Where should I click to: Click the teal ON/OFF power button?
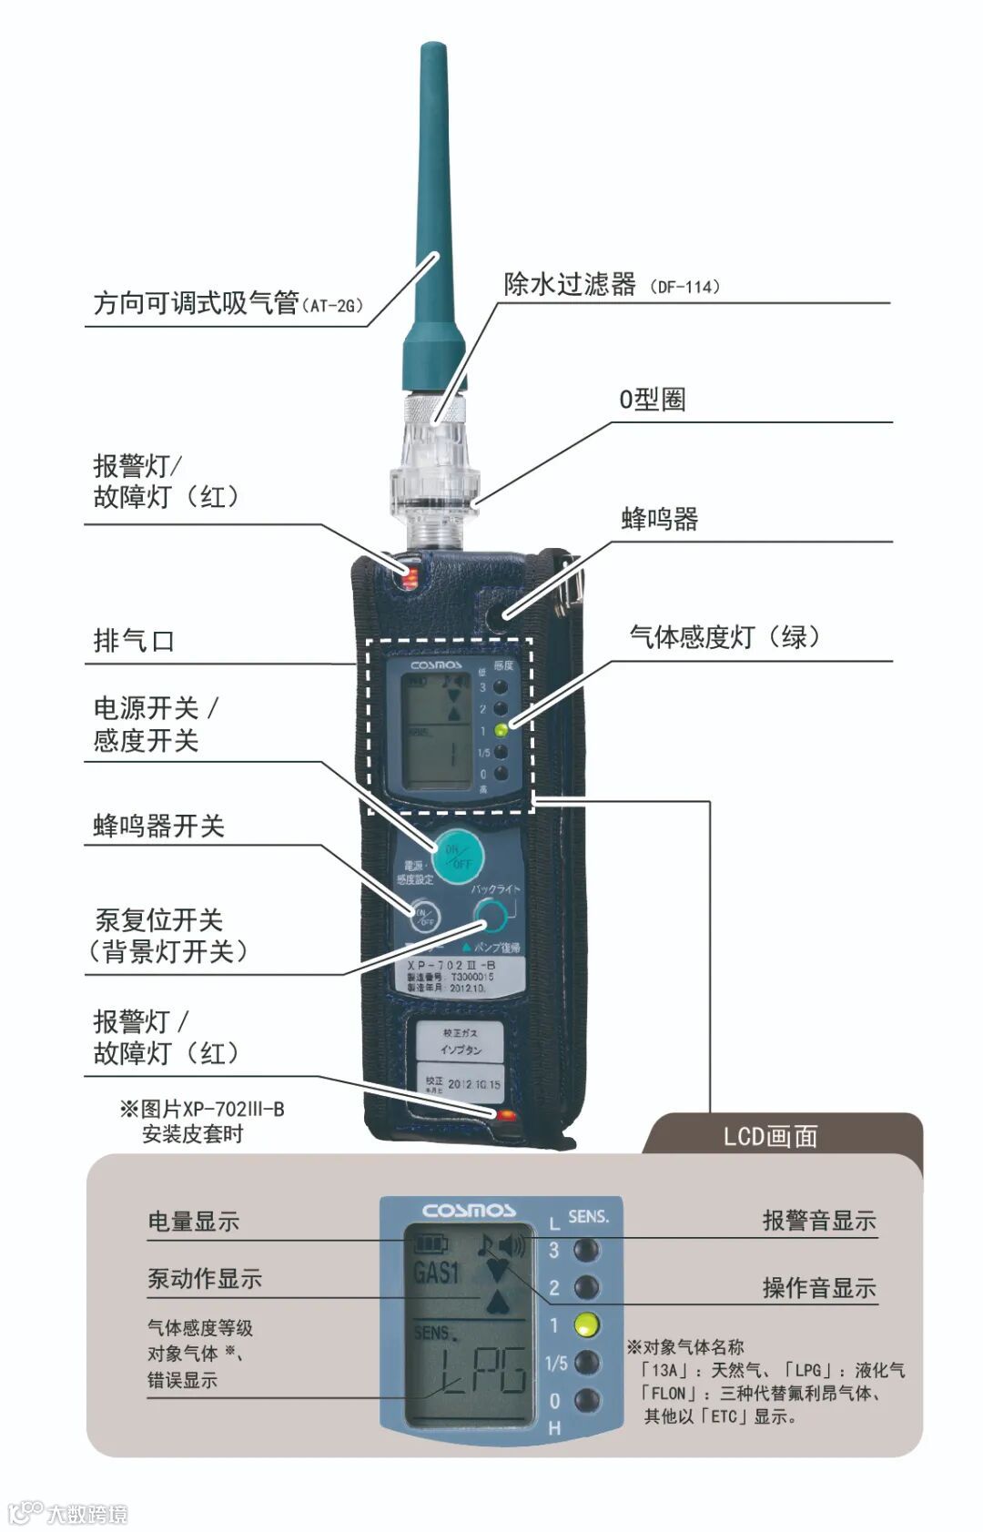[x=457, y=856]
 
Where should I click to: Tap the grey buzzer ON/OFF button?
[x=423, y=917]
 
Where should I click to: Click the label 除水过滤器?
[x=570, y=285]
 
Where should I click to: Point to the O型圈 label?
[x=652, y=400]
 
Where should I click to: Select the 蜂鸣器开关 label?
[x=158, y=826]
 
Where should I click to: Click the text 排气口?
[x=134, y=641]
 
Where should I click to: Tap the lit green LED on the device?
[x=501, y=730]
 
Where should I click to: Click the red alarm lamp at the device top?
[x=410, y=575]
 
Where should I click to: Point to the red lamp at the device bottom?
[x=505, y=1115]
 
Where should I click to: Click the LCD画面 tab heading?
[x=770, y=1136]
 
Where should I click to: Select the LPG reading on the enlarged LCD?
[x=482, y=1371]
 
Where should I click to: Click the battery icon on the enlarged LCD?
[x=431, y=1242]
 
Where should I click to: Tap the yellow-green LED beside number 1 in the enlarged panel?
[x=587, y=1325]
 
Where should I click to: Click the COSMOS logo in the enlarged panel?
[x=468, y=1211]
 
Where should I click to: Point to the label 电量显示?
[x=194, y=1222]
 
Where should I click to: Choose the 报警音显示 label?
[x=818, y=1221]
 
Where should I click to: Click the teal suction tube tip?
[x=432, y=55]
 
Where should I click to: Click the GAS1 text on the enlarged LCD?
[x=437, y=1272]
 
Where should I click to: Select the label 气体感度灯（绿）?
[x=725, y=637]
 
